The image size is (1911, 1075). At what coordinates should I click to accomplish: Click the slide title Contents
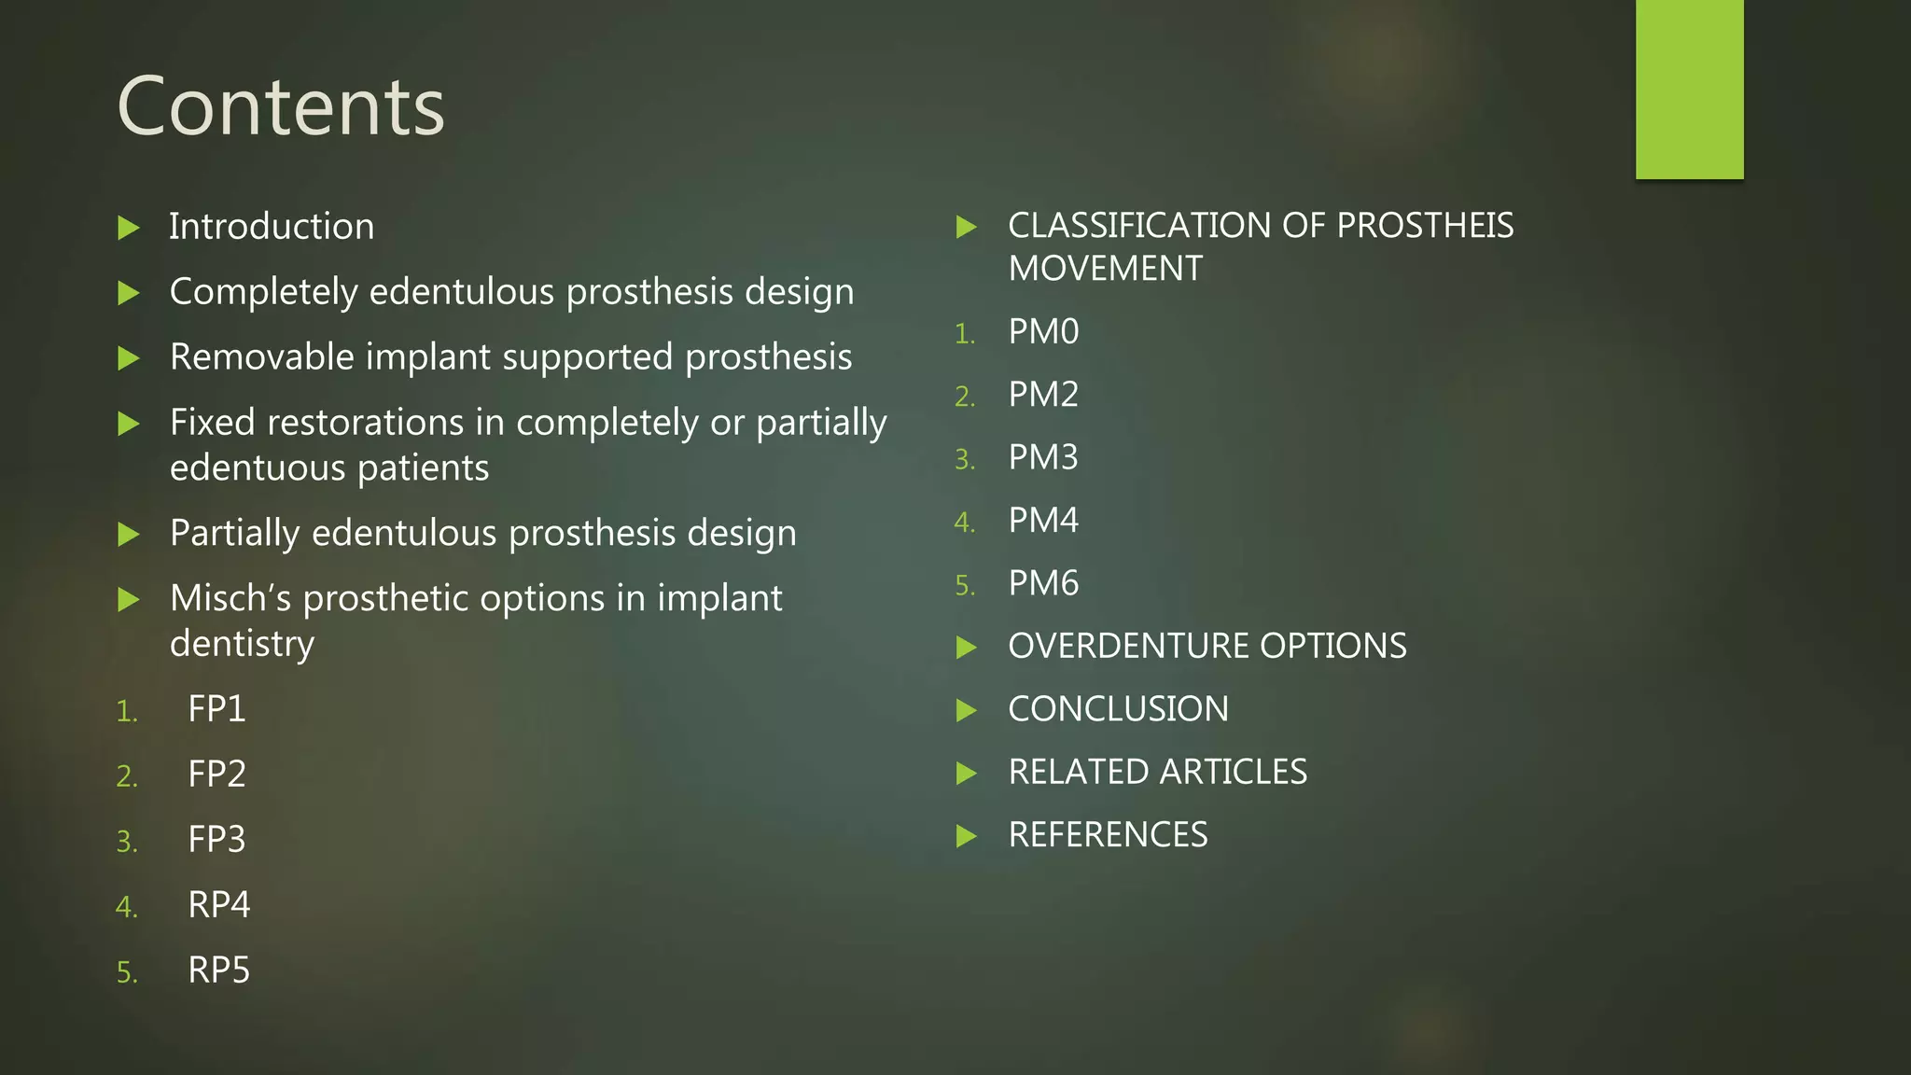click(x=281, y=107)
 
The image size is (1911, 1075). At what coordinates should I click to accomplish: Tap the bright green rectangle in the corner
click(x=1689, y=89)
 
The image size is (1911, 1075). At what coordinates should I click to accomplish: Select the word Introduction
click(x=272, y=227)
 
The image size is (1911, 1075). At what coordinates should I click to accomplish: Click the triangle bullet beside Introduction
click(x=129, y=228)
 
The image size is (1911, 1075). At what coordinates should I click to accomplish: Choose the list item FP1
click(x=216, y=709)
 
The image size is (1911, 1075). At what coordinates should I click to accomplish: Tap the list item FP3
click(x=216, y=840)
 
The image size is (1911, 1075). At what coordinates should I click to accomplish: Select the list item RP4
click(x=219, y=905)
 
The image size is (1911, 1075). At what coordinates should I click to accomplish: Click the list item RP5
click(x=219, y=970)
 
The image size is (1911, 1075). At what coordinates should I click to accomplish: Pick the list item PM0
click(x=1043, y=332)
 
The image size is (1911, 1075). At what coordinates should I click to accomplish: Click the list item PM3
click(x=1043, y=457)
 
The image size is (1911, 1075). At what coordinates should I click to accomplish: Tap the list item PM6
click(x=1043, y=583)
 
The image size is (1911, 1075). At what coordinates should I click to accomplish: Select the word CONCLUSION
click(x=1118, y=709)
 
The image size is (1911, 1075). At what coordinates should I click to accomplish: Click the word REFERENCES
click(x=1108, y=835)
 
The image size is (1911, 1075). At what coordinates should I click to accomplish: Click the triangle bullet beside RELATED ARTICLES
click(x=967, y=773)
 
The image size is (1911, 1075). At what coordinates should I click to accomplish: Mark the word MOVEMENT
click(x=1106, y=269)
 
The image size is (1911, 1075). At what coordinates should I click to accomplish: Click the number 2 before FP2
click(x=125, y=776)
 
